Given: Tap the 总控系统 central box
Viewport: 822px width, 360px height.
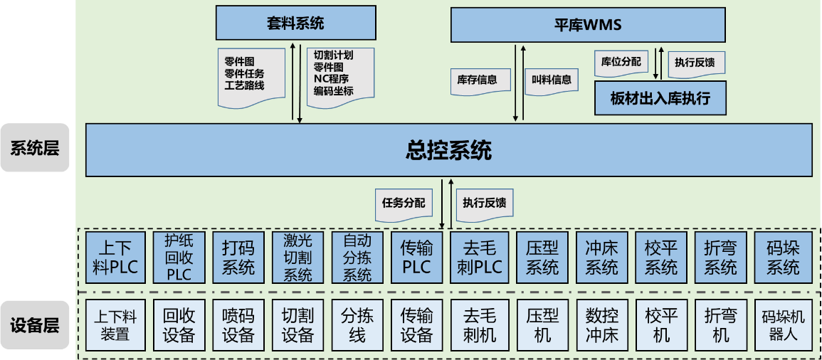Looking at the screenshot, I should [x=449, y=150].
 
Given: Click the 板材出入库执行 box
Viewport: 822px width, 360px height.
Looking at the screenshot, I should [x=660, y=98].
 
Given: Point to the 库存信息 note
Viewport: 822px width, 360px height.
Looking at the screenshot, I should [x=480, y=80].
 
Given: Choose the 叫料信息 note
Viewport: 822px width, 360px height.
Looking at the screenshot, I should [x=552, y=80].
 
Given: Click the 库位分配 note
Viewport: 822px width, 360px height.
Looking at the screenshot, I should [x=621, y=62].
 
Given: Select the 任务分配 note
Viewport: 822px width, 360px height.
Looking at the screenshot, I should [x=404, y=202].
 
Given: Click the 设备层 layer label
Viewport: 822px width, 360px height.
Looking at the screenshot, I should [x=35, y=325].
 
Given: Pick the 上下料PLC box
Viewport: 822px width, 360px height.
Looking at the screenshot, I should [x=115, y=258].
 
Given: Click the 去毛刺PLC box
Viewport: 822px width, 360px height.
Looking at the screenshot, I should [x=480, y=258].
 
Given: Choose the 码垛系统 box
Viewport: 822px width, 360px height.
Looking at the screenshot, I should [x=781, y=258].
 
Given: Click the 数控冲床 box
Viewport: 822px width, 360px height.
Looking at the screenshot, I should [x=602, y=325].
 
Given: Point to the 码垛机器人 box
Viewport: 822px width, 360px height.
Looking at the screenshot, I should [x=783, y=325].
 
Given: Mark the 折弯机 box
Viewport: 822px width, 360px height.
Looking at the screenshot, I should [x=721, y=325].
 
